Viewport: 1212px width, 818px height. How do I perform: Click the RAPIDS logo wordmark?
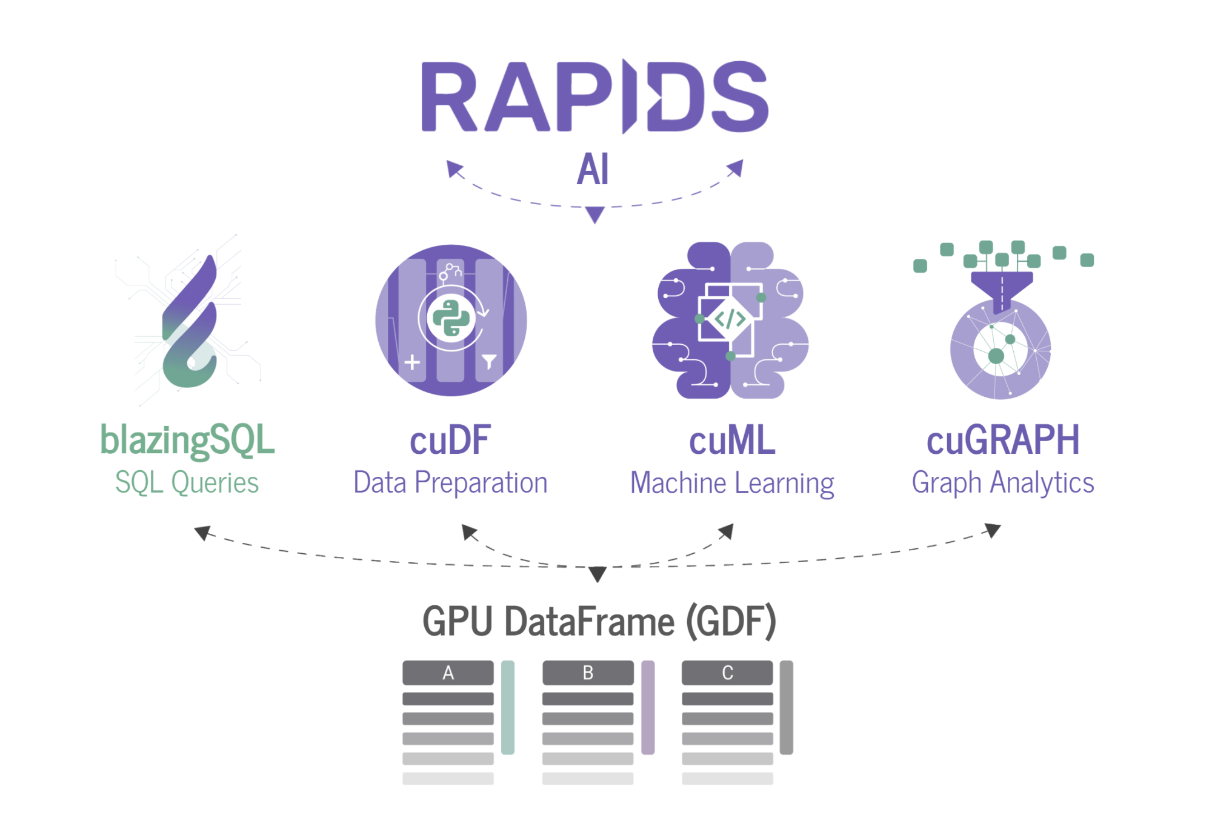594,97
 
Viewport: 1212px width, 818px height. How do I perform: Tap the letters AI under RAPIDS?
593,170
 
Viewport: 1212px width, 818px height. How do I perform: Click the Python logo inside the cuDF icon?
451,318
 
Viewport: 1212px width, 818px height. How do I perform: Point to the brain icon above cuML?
730,320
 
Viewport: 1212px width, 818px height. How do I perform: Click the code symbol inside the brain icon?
730,319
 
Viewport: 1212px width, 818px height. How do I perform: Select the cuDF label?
450,441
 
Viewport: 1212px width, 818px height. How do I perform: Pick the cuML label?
732,441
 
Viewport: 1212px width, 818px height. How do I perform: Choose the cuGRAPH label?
1003,440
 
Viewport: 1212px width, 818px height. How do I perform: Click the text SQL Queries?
187,483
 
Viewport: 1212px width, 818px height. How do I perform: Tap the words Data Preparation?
450,483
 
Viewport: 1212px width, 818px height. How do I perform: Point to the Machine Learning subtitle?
732,484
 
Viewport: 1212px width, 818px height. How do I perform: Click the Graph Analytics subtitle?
1003,483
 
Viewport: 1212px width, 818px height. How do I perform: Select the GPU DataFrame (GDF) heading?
599,622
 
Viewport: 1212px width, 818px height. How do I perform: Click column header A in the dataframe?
448,673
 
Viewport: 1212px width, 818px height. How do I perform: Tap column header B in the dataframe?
588,673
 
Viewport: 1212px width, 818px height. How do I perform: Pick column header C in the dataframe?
727,673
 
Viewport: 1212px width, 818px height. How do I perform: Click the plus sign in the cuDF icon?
412,362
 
